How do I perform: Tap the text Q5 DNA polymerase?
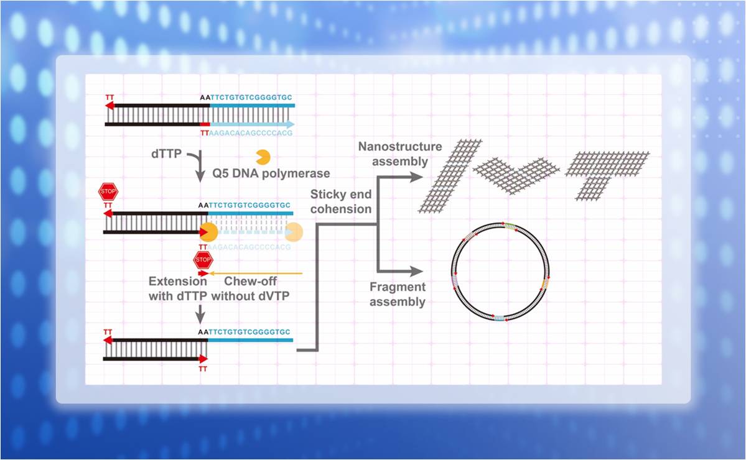pos(272,173)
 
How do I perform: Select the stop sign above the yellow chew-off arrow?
pos(203,259)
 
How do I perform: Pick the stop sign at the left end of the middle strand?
pos(108,191)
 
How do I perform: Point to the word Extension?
pos(178,282)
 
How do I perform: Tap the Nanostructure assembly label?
pos(400,154)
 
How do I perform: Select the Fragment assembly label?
pos(398,294)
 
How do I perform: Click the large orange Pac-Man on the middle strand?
pos(208,232)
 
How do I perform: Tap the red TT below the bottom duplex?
pos(203,369)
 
